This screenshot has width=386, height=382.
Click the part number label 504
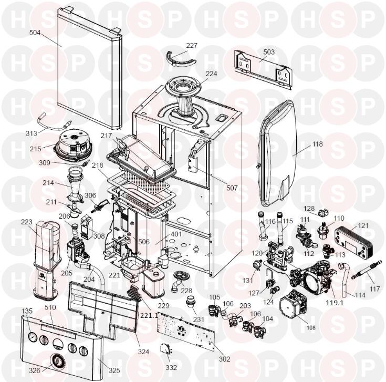35,33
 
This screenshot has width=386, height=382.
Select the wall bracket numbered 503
263,70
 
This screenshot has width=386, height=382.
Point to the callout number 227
192,46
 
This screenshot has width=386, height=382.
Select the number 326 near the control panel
35,370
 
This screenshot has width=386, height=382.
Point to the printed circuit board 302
186,328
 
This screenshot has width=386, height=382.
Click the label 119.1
335,303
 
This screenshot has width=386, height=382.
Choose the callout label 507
232,188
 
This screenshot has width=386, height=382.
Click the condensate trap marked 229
153,284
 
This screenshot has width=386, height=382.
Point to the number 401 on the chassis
176,234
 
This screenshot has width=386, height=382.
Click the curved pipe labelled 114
343,279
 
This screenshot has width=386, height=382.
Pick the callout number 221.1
149,315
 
